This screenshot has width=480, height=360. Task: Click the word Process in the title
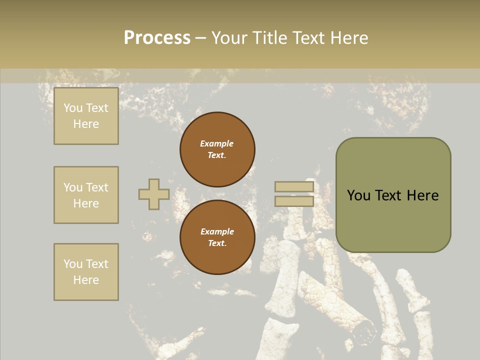[x=157, y=38]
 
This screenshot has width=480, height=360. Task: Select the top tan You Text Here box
[x=86, y=116]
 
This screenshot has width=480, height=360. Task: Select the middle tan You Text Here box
[x=86, y=195]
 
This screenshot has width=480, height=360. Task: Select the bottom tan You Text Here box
[x=86, y=272]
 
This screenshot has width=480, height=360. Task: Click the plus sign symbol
[x=154, y=194]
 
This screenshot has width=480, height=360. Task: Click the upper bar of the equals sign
[x=294, y=187]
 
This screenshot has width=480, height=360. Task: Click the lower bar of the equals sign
[x=294, y=201]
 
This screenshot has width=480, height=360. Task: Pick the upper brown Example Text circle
[x=217, y=149]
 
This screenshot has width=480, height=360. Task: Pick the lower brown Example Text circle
[x=217, y=237]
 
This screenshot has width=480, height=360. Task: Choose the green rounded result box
[x=393, y=195]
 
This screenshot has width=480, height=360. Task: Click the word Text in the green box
[x=390, y=195]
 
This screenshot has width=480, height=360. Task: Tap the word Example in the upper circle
[x=216, y=143]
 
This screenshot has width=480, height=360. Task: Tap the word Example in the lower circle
[x=217, y=231]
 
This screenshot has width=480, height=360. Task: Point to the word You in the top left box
[x=73, y=108]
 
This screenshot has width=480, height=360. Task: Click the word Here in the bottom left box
[x=86, y=280]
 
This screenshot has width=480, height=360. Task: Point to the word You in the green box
[x=358, y=195]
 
